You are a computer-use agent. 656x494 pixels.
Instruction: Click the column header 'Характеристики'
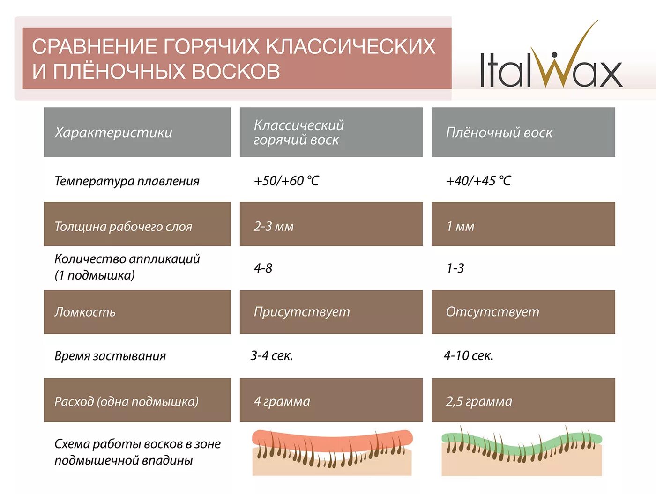tap(113, 133)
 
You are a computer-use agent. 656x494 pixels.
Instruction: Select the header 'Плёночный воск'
tap(499, 133)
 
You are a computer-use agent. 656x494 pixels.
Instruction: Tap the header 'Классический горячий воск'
tap(298, 133)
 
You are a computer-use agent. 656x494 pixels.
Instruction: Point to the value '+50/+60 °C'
tap(286, 181)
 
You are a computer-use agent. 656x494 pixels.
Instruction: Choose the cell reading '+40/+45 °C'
tap(478, 181)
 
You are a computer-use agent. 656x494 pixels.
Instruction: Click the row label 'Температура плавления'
tap(127, 181)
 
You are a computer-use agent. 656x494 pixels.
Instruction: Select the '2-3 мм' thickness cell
tap(274, 226)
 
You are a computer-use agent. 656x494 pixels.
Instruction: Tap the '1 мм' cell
tap(460, 226)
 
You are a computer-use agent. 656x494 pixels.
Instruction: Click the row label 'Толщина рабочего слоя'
tap(123, 226)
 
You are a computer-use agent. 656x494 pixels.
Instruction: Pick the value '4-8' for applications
tap(263, 268)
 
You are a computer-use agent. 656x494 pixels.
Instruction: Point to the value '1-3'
tap(455, 268)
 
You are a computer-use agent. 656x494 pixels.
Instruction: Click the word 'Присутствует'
tap(302, 312)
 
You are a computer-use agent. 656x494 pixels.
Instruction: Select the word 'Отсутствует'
tap(492, 312)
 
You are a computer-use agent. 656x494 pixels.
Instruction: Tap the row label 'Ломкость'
tap(85, 312)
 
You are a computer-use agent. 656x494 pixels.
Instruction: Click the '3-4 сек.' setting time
tap(272, 355)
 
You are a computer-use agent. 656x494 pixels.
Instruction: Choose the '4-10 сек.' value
tap(469, 355)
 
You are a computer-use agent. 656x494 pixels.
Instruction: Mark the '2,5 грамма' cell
tap(479, 401)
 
